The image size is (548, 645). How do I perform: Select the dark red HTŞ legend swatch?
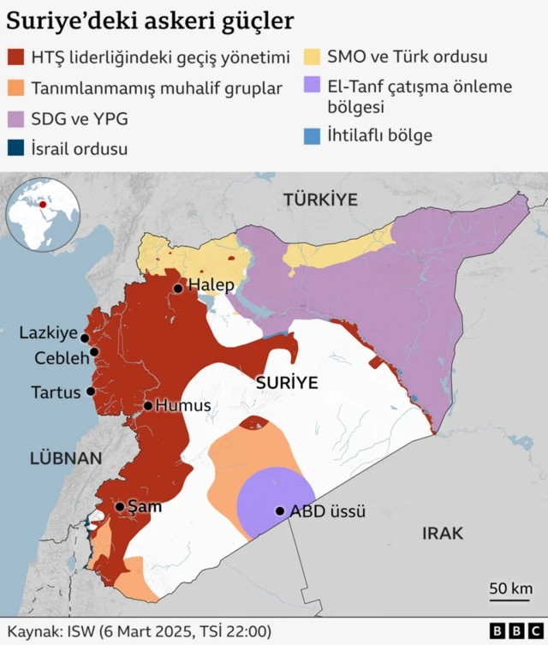pyautogui.click(x=15, y=57)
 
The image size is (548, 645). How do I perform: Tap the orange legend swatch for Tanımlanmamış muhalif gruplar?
pyautogui.click(x=15, y=88)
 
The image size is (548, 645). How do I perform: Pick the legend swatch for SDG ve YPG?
pyautogui.click(x=15, y=119)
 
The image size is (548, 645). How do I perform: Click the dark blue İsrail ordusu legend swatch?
pyautogui.click(x=15, y=149)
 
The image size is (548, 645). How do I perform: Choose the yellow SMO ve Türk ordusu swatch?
pyautogui.click(x=312, y=57)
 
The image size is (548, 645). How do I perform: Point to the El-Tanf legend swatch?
pyautogui.click(x=312, y=87)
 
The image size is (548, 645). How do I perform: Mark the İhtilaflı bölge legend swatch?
pyautogui.click(x=312, y=135)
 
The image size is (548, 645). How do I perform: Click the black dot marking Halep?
pyautogui.click(x=177, y=289)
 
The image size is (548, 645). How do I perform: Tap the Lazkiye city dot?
pyautogui.click(x=85, y=338)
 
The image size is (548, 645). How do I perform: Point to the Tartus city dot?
pyautogui.click(x=90, y=391)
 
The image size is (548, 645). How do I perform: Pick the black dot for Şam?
pyautogui.click(x=120, y=506)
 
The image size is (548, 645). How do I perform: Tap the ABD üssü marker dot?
pyautogui.click(x=279, y=511)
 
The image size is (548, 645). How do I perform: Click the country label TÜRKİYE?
pyautogui.click(x=319, y=199)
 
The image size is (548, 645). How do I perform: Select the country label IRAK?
pyautogui.click(x=443, y=534)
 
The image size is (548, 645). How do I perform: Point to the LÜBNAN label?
pyautogui.click(x=66, y=458)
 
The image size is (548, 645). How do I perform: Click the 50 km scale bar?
pyautogui.click(x=510, y=597)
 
